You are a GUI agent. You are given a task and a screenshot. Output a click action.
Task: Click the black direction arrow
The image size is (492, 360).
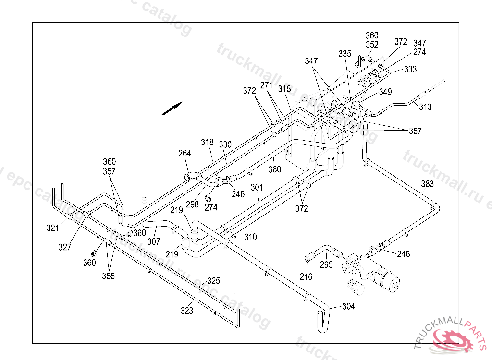[x=172, y=108]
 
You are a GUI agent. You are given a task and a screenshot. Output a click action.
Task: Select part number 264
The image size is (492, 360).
[x=184, y=154]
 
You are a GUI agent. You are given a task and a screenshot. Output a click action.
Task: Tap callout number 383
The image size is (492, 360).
[x=427, y=184]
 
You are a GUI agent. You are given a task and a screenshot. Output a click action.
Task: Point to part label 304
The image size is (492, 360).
[x=348, y=306]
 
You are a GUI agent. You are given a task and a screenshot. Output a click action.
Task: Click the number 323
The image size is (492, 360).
[x=187, y=311]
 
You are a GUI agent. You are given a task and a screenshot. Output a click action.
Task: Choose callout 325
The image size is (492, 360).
[x=213, y=281]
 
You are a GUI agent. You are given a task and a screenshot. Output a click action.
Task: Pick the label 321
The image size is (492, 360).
[x=53, y=228]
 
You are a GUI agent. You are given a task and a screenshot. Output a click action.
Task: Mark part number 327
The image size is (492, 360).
[x=65, y=247]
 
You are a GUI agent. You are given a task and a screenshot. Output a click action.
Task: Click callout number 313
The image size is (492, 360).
[x=425, y=107]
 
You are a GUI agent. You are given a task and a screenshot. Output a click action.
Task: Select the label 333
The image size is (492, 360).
[x=410, y=70]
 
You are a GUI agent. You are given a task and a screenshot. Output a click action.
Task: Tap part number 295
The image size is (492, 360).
[x=326, y=264]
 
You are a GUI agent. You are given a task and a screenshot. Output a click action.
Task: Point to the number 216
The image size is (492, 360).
[x=306, y=276]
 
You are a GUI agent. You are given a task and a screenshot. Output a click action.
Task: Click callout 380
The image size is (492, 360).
[x=275, y=169]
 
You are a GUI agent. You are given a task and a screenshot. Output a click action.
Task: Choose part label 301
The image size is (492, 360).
[x=257, y=187]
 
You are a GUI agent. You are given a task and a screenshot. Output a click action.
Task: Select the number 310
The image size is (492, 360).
[x=250, y=237]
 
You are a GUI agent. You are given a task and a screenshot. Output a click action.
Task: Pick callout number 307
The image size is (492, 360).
[x=154, y=242]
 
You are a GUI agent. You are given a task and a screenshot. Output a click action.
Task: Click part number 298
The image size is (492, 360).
[x=192, y=204]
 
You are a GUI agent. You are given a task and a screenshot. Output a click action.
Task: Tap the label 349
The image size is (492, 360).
[x=385, y=92]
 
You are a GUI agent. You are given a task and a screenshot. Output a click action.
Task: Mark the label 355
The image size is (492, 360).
[x=108, y=276]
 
